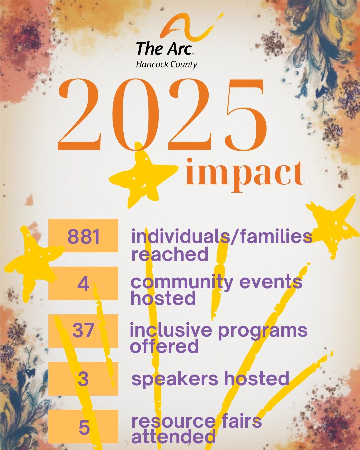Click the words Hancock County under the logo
[x=167, y=65]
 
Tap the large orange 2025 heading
[x=162, y=115]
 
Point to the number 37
[x=83, y=331]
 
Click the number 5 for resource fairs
[x=84, y=426]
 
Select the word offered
[x=164, y=346]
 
